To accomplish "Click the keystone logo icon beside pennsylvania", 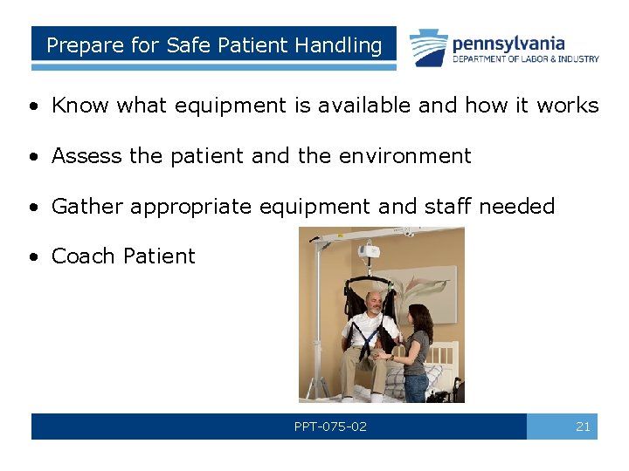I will click(x=429, y=48).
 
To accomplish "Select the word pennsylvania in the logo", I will click(x=508, y=43).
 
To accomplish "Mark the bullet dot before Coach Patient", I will click(x=32, y=257).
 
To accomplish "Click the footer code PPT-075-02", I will click(x=330, y=427).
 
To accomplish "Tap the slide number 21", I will click(x=583, y=427).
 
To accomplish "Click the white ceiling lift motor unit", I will click(x=368, y=254).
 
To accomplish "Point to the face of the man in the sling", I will click(x=373, y=304).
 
